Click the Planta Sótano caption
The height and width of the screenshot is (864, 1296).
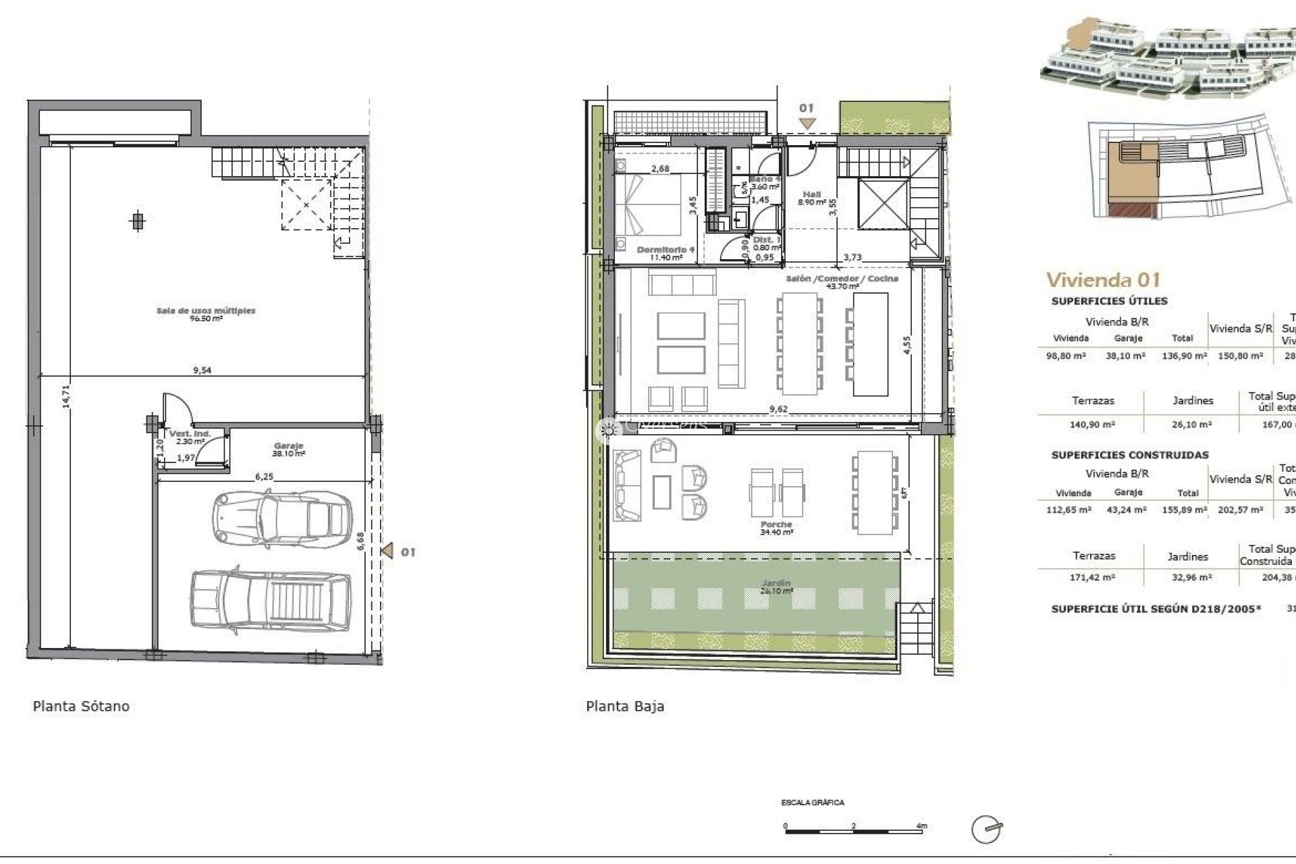(81, 706)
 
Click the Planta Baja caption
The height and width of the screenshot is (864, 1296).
(625, 706)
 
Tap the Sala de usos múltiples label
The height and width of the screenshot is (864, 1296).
(206, 314)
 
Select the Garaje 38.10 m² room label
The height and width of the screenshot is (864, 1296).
(288, 450)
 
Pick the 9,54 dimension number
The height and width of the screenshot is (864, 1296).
(202, 370)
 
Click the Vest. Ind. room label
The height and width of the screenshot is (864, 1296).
(190, 437)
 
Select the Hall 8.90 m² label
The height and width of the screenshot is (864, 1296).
(811, 198)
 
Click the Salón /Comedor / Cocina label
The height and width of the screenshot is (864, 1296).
(842, 281)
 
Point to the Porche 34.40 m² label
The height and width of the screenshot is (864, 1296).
(776, 528)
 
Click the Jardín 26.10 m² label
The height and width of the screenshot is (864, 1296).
(775, 587)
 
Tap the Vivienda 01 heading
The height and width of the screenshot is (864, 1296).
(1103, 279)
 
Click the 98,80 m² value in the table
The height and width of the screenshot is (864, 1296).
(1066, 356)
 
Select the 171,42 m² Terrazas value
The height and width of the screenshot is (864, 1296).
(1093, 577)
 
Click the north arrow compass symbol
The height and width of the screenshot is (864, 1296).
(987, 829)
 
